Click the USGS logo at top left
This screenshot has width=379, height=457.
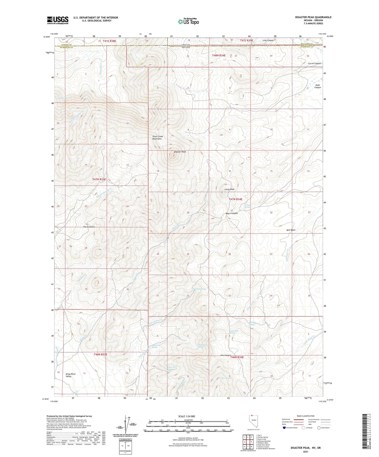(58, 20)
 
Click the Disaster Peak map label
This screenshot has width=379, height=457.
(180, 152)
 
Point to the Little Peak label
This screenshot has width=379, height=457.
(229, 189)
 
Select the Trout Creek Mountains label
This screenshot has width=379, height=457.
(157, 138)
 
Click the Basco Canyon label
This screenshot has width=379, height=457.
(232, 213)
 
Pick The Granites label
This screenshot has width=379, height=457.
(89, 227)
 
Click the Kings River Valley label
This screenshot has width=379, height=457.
(71, 375)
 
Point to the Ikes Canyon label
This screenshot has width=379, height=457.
(226, 355)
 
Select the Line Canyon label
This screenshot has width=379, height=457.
(268, 40)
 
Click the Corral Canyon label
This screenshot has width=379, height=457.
(314, 64)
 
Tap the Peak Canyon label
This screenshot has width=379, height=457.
(318, 86)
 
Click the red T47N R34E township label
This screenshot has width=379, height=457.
(236, 199)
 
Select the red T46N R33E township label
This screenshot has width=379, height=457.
(100, 354)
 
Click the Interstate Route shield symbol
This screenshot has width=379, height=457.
(285, 428)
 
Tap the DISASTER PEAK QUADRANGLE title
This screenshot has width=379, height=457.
(309, 17)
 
